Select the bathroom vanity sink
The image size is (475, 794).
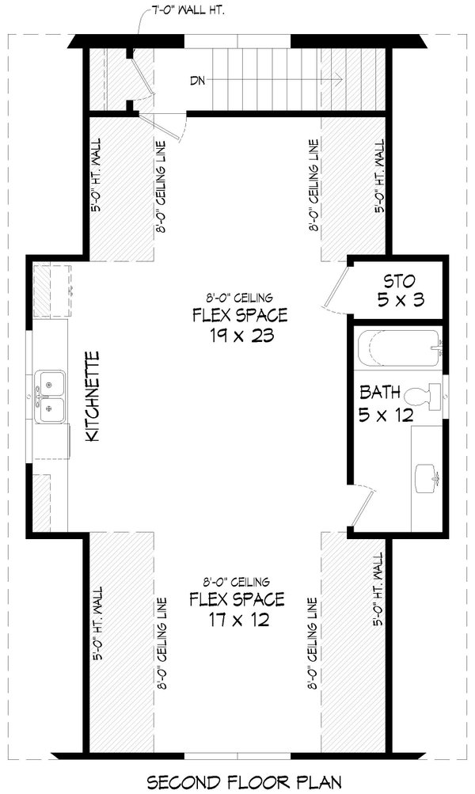click(427, 475)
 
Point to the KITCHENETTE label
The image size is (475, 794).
click(92, 397)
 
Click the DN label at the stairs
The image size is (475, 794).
click(199, 80)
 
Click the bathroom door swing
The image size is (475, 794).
click(361, 507)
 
